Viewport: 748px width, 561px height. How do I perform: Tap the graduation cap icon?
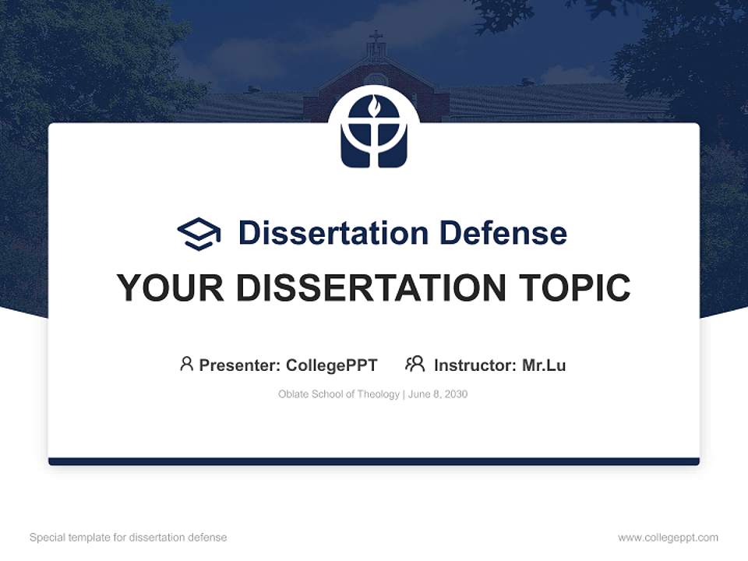click(x=199, y=234)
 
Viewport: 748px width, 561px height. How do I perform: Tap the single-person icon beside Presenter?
click(x=186, y=364)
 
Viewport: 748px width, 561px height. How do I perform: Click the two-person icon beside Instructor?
click(x=415, y=364)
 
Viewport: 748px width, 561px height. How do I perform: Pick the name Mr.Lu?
click(x=544, y=365)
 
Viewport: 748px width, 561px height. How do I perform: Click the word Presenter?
click(x=240, y=365)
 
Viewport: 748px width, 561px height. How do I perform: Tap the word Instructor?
click(x=475, y=365)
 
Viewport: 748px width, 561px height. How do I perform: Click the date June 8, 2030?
click(x=438, y=394)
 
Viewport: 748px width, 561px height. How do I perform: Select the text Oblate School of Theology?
click(x=338, y=394)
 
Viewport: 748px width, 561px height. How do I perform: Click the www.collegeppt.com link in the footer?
click(x=668, y=538)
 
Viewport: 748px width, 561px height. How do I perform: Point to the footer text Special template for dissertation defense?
click(x=129, y=538)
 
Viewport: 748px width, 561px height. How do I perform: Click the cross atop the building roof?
click(x=376, y=37)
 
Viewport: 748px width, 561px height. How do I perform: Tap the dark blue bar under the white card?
click(x=374, y=461)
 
